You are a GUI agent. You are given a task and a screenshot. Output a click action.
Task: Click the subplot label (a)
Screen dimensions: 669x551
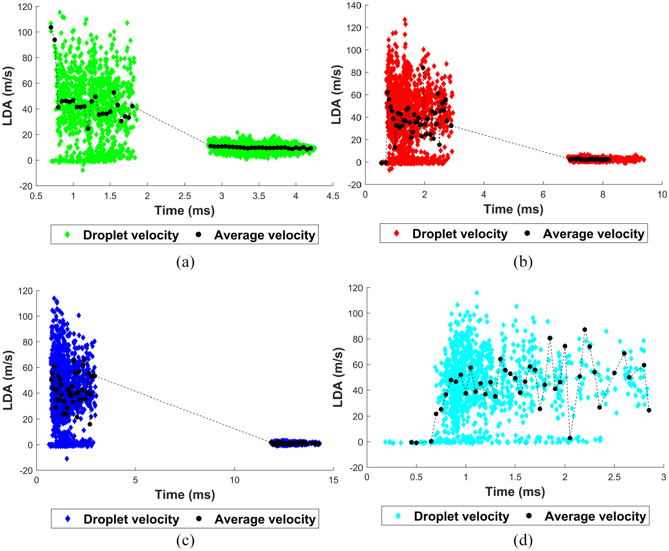pos(185,262)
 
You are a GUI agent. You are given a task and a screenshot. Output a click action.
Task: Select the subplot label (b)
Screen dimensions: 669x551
pos(523,262)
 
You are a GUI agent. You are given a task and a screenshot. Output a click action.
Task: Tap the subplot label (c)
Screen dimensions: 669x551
pos(185,540)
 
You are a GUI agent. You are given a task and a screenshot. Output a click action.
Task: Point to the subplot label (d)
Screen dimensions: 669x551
pos(523,540)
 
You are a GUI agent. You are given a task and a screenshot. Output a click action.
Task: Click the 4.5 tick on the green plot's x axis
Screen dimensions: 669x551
pos(333,196)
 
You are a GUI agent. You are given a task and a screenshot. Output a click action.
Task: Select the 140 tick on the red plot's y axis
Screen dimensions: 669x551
pos(354,5)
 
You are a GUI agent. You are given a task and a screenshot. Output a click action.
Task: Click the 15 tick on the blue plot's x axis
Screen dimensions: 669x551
pos(333,480)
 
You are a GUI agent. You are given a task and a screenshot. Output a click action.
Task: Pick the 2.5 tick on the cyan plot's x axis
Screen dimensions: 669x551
pos(614,477)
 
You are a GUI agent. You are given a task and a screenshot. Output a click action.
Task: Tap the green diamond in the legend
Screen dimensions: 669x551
pos(67,235)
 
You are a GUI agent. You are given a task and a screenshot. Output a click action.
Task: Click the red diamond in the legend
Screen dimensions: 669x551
pos(397,234)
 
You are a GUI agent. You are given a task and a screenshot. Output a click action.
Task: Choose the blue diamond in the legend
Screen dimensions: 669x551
pos(68,519)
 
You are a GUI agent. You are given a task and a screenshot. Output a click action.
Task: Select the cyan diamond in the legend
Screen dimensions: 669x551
pos(398,516)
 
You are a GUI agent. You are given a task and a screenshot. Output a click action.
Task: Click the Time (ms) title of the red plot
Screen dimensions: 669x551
pos(513,209)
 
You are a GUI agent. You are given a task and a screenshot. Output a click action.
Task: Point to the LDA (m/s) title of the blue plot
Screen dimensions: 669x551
pos(8,381)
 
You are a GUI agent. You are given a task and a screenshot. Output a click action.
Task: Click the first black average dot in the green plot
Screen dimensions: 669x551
pos(51,27)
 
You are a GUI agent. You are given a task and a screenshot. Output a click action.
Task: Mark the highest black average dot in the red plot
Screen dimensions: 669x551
pos(423,68)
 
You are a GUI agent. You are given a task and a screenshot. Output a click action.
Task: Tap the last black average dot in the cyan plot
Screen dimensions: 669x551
pos(649,410)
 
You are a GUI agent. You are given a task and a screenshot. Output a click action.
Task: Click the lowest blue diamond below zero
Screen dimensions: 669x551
pos(67,459)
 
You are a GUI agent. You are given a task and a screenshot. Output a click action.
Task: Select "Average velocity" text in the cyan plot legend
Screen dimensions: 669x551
pos(595,516)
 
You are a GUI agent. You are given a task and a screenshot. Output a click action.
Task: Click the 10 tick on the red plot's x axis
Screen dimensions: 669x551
pos(662,195)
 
